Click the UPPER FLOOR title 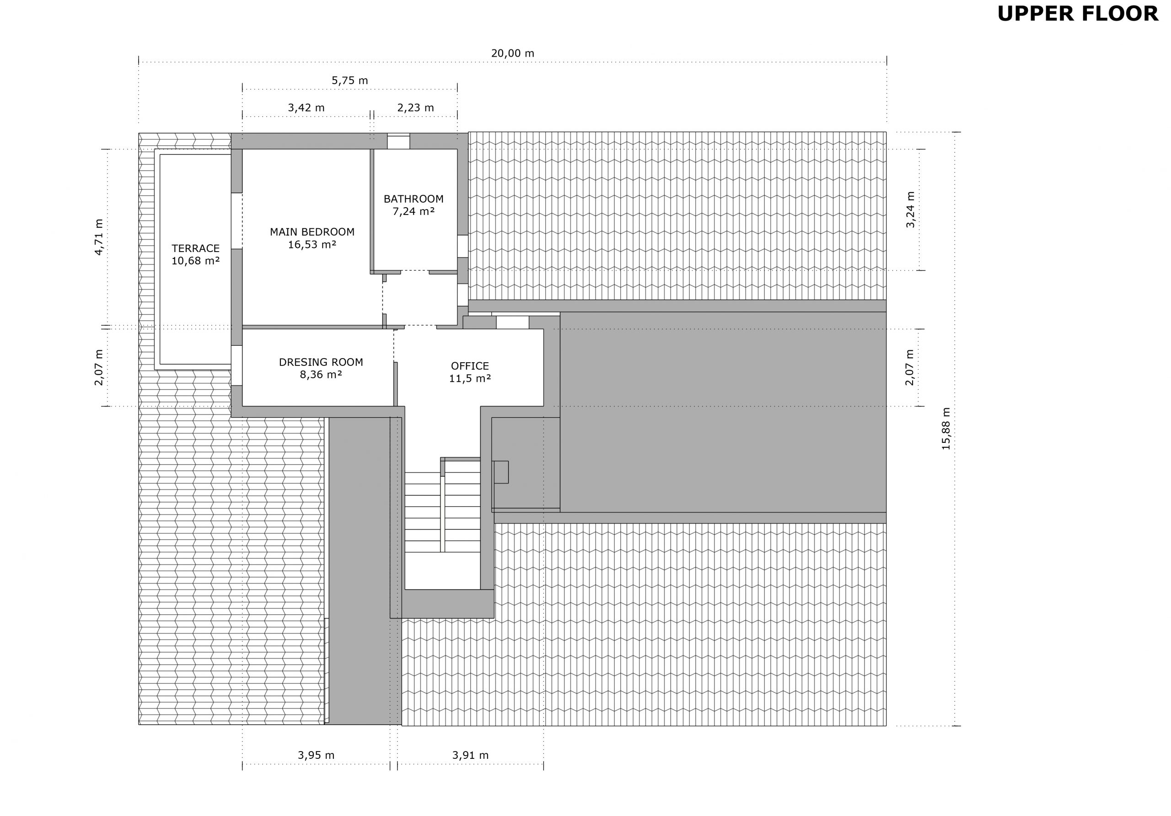coord(1078,14)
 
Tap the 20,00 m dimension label coord(513,54)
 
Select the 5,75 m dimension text coord(350,81)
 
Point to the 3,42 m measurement coord(306,107)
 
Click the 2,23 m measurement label coord(416,107)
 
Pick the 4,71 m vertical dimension coord(99,237)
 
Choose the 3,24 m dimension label coord(910,209)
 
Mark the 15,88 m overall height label coord(946,429)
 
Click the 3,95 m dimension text coord(316,755)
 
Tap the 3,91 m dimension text coord(470,755)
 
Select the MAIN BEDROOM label coord(312,232)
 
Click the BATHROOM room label coord(414,199)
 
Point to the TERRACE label coord(195,248)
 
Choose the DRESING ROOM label coord(321,362)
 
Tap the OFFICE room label coord(470,366)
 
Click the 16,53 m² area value coord(312,245)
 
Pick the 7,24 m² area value coord(414,211)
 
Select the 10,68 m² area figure coord(195,261)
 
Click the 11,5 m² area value coord(470,378)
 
